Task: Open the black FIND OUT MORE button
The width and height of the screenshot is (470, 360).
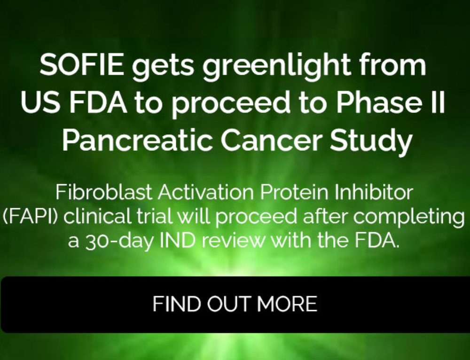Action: click(x=235, y=304)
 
